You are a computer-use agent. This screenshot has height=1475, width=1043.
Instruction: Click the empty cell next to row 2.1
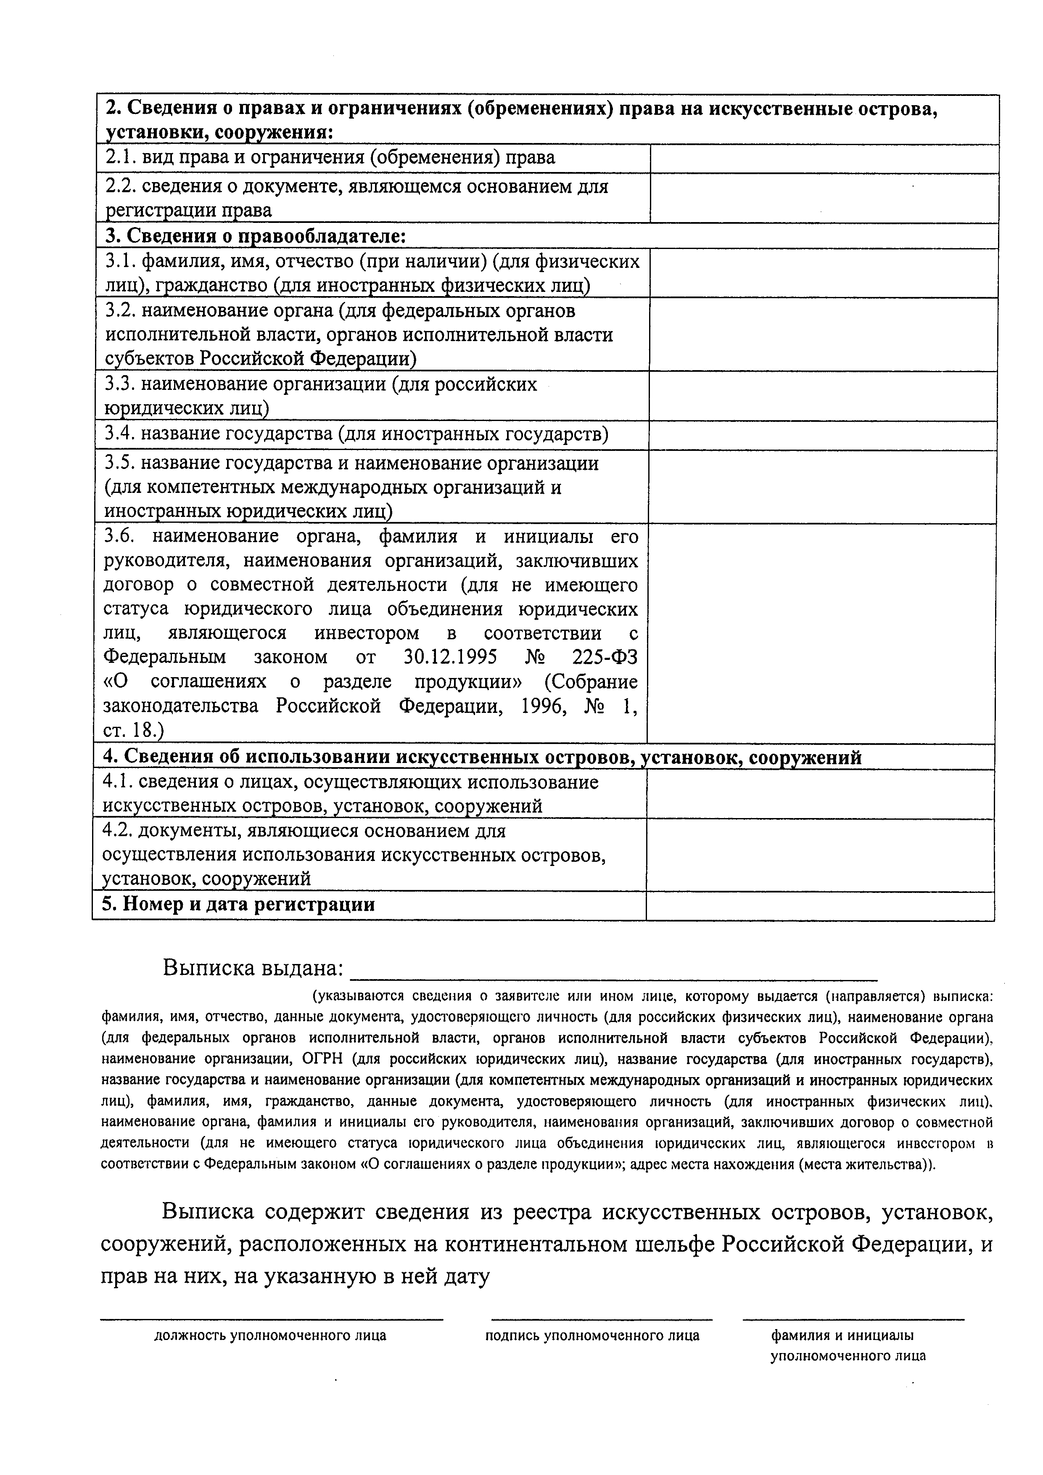click(x=824, y=158)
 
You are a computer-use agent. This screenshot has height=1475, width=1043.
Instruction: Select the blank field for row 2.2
click(x=824, y=198)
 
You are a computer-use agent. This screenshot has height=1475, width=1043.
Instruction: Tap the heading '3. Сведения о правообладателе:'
click(x=256, y=236)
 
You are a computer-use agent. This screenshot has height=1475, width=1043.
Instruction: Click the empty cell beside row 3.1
click(x=824, y=273)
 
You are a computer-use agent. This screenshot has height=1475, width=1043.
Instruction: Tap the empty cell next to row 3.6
click(x=821, y=633)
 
